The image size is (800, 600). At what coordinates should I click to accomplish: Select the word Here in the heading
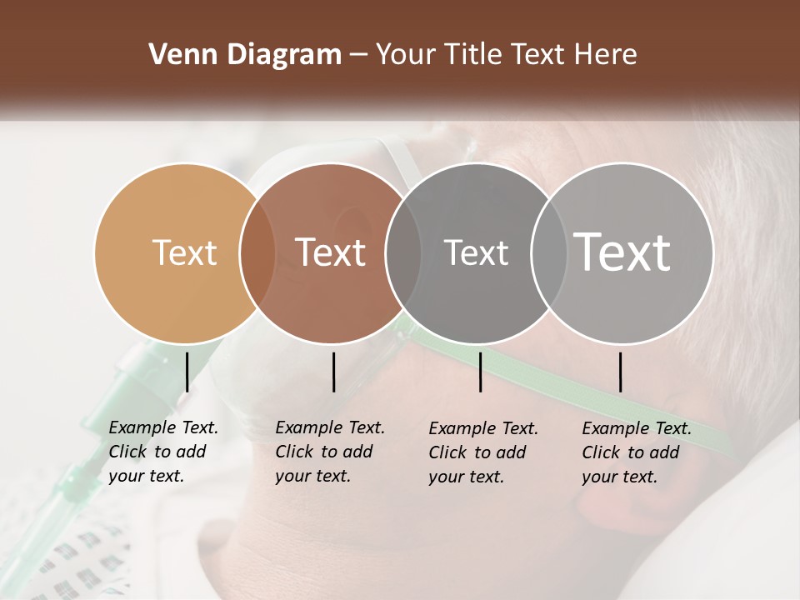coord(607,55)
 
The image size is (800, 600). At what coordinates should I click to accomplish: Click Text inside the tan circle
coord(184,252)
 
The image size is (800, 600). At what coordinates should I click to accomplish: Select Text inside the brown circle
coord(330,252)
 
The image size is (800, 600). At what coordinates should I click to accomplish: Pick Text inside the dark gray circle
coord(476,252)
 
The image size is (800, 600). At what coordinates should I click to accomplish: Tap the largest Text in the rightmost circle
coord(622,252)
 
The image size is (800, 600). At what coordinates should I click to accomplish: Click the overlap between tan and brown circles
coord(257,252)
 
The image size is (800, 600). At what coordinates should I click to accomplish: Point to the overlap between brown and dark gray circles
coord(403,252)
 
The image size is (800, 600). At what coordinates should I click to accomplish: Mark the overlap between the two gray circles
coord(548,252)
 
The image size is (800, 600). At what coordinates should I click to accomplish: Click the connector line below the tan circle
coord(187,372)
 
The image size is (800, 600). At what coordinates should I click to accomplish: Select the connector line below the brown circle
coord(333,372)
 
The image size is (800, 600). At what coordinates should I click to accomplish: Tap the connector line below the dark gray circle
coord(480,372)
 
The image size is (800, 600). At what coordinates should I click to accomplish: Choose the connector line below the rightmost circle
coord(620,372)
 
